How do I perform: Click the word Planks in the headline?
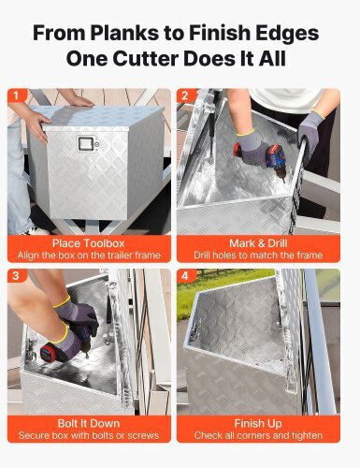pyautogui.click(x=123, y=33)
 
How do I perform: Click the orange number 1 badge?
pyautogui.click(x=16, y=95)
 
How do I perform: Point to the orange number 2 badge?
pyautogui.click(x=185, y=95)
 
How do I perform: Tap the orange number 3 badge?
pyautogui.click(x=16, y=275)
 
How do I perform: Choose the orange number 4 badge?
pyautogui.click(x=185, y=275)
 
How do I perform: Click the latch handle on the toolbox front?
pyautogui.click(x=86, y=143)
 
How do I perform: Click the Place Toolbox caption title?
pyautogui.click(x=89, y=243)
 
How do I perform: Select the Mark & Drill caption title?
pyautogui.click(x=258, y=243)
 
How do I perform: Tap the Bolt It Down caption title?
pyautogui.click(x=89, y=423)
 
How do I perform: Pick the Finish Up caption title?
pyautogui.click(x=258, y=424)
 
